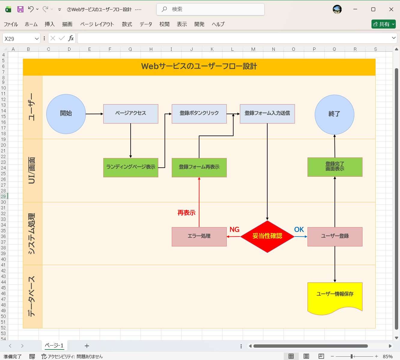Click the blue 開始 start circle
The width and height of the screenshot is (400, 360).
66,114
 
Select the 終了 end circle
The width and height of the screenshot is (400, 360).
334,114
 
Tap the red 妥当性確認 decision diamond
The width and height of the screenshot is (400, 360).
267,236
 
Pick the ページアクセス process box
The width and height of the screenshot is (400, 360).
131,114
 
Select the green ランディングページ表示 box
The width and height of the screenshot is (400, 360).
131,167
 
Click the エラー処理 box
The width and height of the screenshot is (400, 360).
199,236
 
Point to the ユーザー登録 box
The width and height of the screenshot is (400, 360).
335,236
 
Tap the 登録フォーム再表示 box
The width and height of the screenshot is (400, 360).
199,167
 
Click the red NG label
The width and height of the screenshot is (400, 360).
235,230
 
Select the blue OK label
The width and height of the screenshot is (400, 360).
299,230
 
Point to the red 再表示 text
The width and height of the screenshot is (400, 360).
186,213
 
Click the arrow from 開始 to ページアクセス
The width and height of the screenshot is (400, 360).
94,114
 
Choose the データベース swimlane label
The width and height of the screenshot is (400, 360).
32,296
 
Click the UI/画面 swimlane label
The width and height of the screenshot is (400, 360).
32,170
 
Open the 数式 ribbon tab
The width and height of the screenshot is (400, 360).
127,24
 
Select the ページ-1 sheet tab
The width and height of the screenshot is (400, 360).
54,346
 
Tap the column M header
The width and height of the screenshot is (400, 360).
253,49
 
